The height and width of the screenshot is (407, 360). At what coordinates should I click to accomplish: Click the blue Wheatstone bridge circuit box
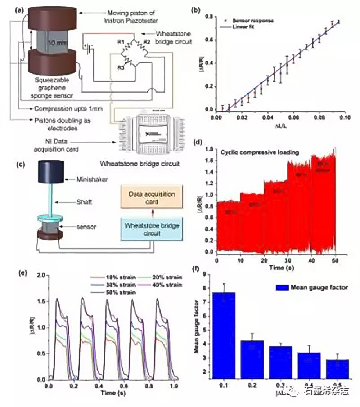[152, 230]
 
